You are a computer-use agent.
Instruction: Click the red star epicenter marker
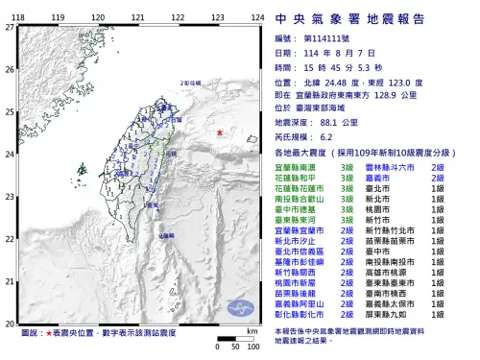[220, 132]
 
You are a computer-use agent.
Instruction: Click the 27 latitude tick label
[10, 28]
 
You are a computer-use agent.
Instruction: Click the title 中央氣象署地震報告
[362, 17]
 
